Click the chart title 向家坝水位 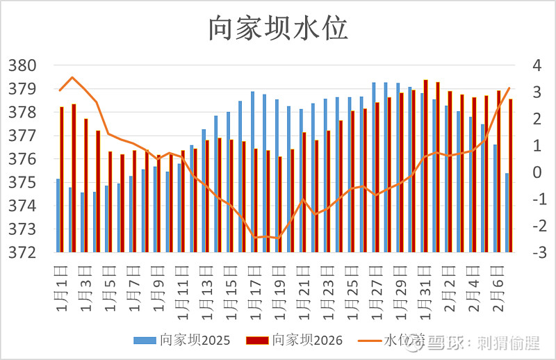pos(278,28)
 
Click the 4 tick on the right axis pos(536,65)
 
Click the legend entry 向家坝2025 pos(181,341)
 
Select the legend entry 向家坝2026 pos(295,341)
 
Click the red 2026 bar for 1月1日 pos(62,179)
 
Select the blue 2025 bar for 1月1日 pos(58,215)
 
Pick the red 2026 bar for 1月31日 pos(425,165)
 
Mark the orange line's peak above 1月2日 pos(72,77)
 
